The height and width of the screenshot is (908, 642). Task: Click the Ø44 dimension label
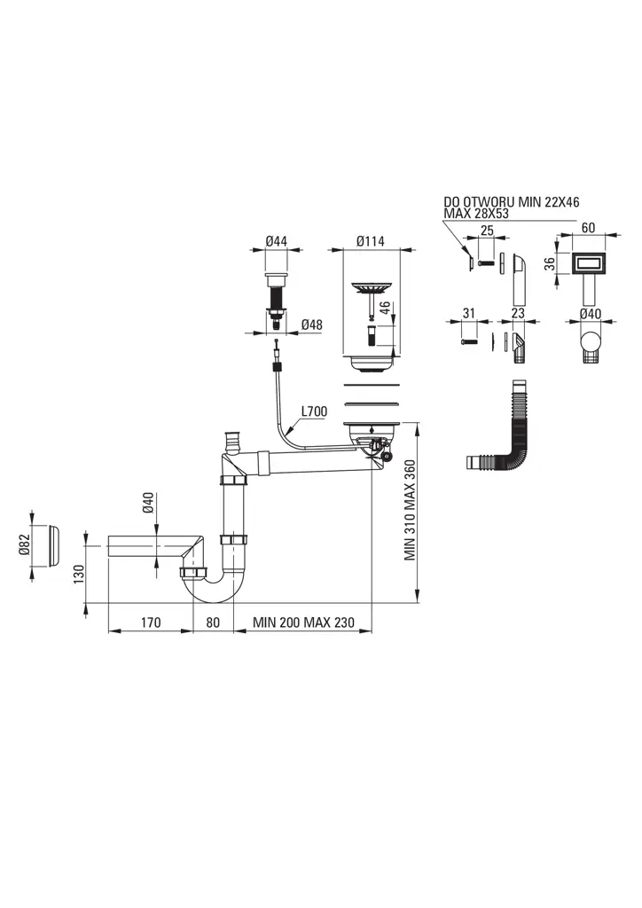(x=278, y=239)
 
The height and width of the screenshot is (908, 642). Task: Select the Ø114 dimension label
(x=372, y=239)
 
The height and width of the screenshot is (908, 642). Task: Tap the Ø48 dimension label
(x=311, y=325)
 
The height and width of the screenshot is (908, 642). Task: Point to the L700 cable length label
(x=315, y=411)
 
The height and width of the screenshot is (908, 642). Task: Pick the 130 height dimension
(x=79, y=575)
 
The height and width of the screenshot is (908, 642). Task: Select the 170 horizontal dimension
(x=150, y=622)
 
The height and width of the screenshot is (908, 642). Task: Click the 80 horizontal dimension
(x=213, y=622)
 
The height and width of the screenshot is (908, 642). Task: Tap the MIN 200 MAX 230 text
(x=302, y=622)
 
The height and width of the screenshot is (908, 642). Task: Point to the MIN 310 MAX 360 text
(x=410, y=511)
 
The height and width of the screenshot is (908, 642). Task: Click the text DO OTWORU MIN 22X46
(x=512, y=202)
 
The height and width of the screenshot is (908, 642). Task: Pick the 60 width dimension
(x=587, y=228)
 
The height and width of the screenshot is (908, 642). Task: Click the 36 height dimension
(x=549, y=264)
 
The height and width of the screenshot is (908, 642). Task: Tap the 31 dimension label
(x=469, y=312)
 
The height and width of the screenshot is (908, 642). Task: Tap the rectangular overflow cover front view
(x=587, y=263)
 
